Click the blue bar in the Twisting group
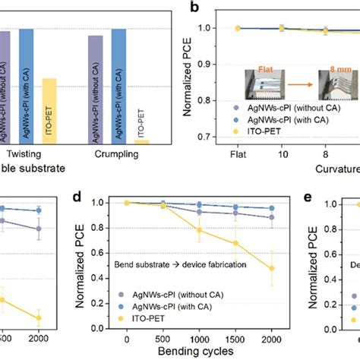coord(26,84)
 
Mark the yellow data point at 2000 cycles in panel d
coord(272,268)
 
